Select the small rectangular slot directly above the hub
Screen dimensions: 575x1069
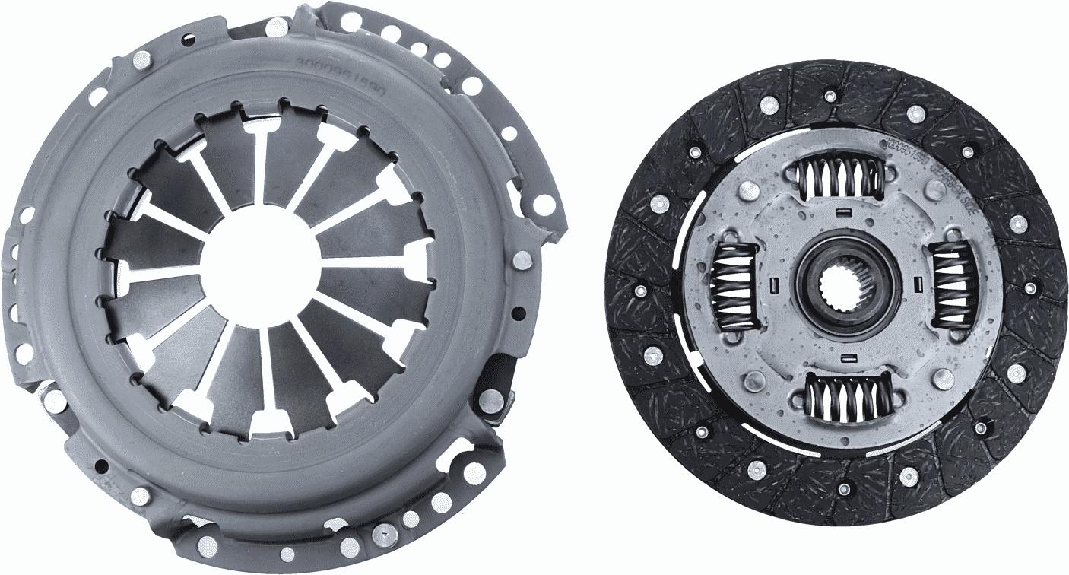point(843,211)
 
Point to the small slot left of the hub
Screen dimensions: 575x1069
point(773,285)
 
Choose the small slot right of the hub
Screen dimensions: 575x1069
point(918,285)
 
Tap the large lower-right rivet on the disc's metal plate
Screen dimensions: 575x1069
point(944,378)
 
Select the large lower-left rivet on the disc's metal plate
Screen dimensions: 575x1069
point(755,380)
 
